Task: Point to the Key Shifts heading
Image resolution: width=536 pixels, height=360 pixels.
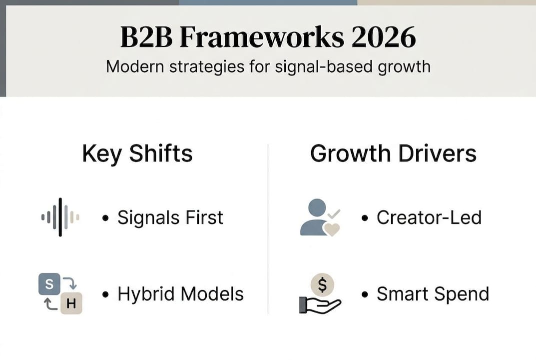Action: pyautogui.click(x=137, y=153)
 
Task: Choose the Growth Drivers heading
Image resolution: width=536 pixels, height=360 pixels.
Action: pyautogui.click(x=393, y=153)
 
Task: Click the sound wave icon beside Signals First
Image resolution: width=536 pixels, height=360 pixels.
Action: pyautogui.click(x=60, y=217)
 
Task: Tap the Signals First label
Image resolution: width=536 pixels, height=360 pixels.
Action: pyautogui.click(x=170, y=217)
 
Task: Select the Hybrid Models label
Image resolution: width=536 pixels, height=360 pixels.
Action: pyautogui.click(x=180, y=294)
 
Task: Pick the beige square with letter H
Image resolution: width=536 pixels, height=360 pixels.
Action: pyautogui.click(x=71, y=304)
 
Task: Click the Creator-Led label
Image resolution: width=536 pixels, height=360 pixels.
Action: pyautogui.click(x=429, y=217)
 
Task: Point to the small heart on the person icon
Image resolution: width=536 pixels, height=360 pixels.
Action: pyautogui.click(x=332, y=229)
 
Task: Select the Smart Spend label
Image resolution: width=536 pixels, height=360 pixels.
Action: pyautogui.click(x=433, y=294)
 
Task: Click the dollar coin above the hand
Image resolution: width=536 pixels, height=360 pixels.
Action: pyautogui.click(x=322, y=285)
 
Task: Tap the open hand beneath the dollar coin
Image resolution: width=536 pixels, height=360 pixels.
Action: pyautogui.click(x=319, y=304)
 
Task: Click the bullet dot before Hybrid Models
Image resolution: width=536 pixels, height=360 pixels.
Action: pyautogui.click(x=105, y=294)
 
